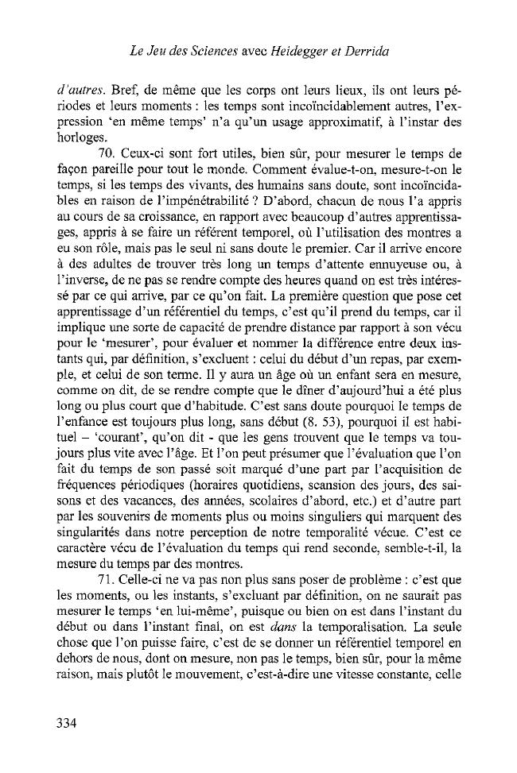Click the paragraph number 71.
(x=103, y=583)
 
